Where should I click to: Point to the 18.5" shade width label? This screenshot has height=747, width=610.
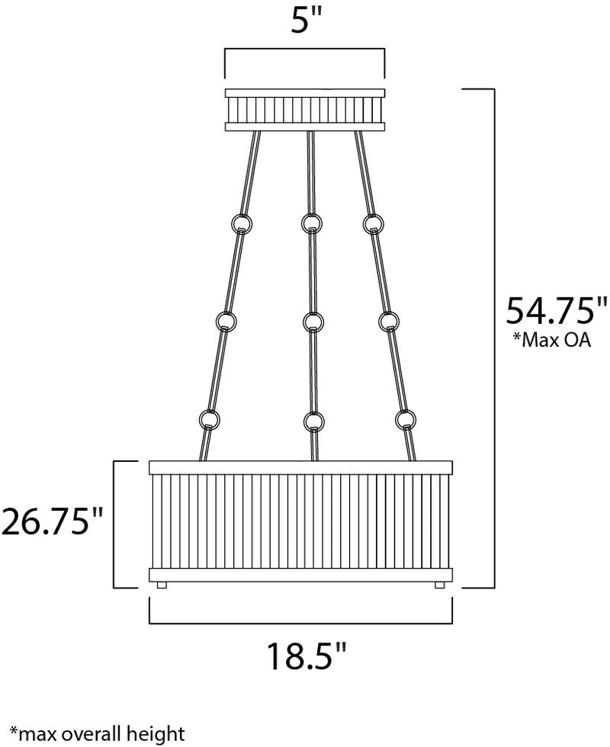[x=305, y=656]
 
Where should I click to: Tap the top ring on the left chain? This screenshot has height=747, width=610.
[x=241, y=223]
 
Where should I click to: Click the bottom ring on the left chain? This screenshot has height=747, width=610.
[x=209, y=419]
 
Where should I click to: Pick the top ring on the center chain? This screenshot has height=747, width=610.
[x=312, y=222]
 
